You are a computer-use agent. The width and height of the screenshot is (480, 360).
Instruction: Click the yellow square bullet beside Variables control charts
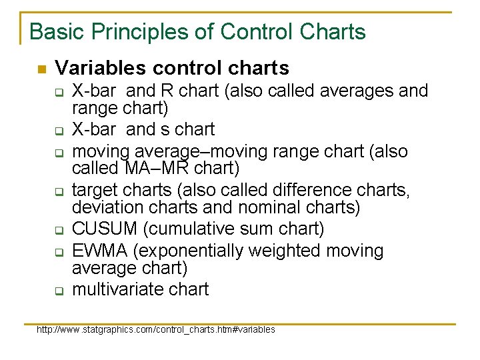tap(41, 69)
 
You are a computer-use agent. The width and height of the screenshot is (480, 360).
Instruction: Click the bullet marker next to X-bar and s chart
tap(59, 130)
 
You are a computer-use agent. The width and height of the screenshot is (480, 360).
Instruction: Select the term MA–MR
tap(143, 168)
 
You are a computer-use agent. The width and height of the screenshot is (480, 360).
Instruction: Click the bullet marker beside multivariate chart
tap(59, 291)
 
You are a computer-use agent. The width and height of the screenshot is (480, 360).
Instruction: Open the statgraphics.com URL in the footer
tap(156, 329)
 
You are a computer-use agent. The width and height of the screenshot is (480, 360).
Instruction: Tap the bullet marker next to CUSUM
tap(59, 230)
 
